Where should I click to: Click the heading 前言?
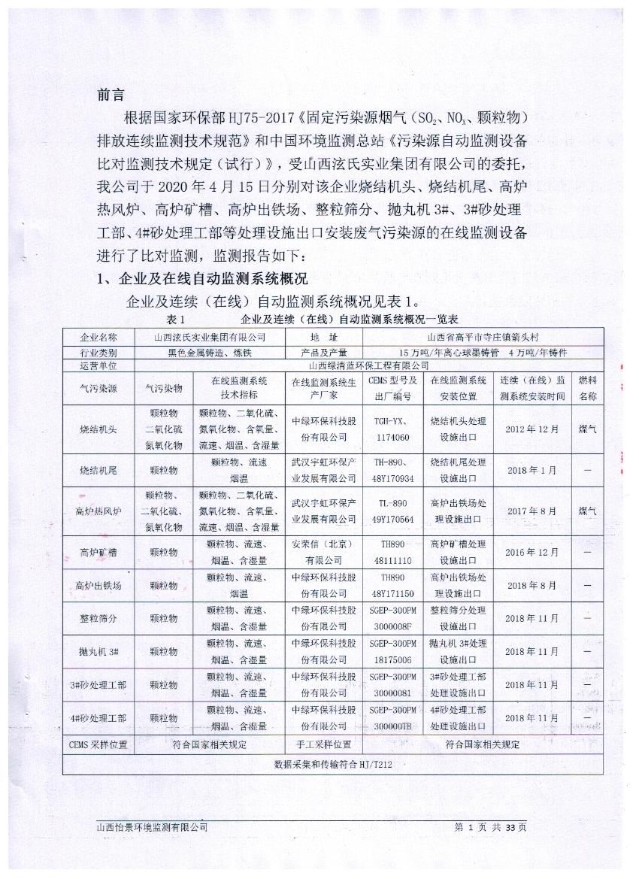pos(113,95)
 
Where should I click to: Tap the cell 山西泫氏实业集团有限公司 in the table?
pos(210,338)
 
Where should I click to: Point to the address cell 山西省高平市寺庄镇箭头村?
pos(482,338)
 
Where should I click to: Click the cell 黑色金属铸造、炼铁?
pos(210,351)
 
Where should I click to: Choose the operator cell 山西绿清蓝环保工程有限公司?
pos(369,365)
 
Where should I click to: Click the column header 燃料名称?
pos(588,388)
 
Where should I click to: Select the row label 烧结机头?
pos(98,429)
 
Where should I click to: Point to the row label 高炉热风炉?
pos(98,511)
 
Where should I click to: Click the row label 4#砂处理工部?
pos(98,718)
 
